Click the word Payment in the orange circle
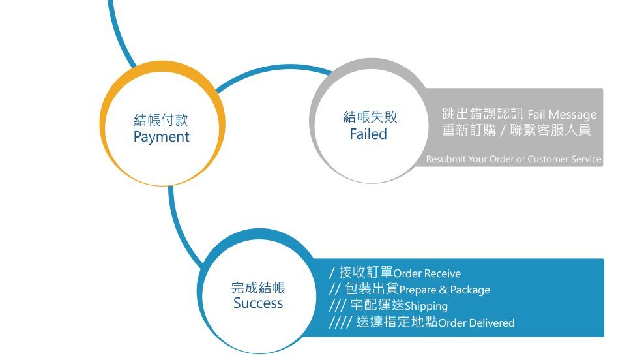coord(162,137)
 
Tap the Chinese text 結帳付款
coord(161,120)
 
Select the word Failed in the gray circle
coord(368,134)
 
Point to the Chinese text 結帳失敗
coord(370,117)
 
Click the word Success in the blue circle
coord(258,303)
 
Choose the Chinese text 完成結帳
coord(258,287)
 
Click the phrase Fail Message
coord(562,115)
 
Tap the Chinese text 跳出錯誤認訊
coord(483,114)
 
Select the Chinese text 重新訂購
coord(469,130)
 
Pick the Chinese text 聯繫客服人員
coord(550,130)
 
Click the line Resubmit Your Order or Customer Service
coord(514,159)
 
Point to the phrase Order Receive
coord(427,273)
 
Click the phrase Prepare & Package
coord(445,290)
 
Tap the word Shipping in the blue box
coord(426,307)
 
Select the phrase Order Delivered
coord(476,323)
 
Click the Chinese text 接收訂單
coord(366,272)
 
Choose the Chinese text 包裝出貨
coord(372,288)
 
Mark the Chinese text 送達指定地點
coord(397,322)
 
